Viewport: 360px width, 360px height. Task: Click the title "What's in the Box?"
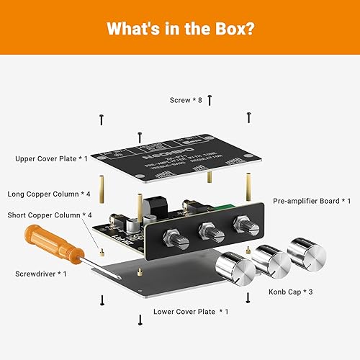(179, 29)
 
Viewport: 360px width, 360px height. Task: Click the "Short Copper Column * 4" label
(50, 215)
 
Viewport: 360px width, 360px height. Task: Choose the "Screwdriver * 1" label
(41, 274)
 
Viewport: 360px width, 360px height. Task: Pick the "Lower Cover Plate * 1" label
(191, 312)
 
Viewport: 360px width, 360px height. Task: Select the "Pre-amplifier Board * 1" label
(312, 201)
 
